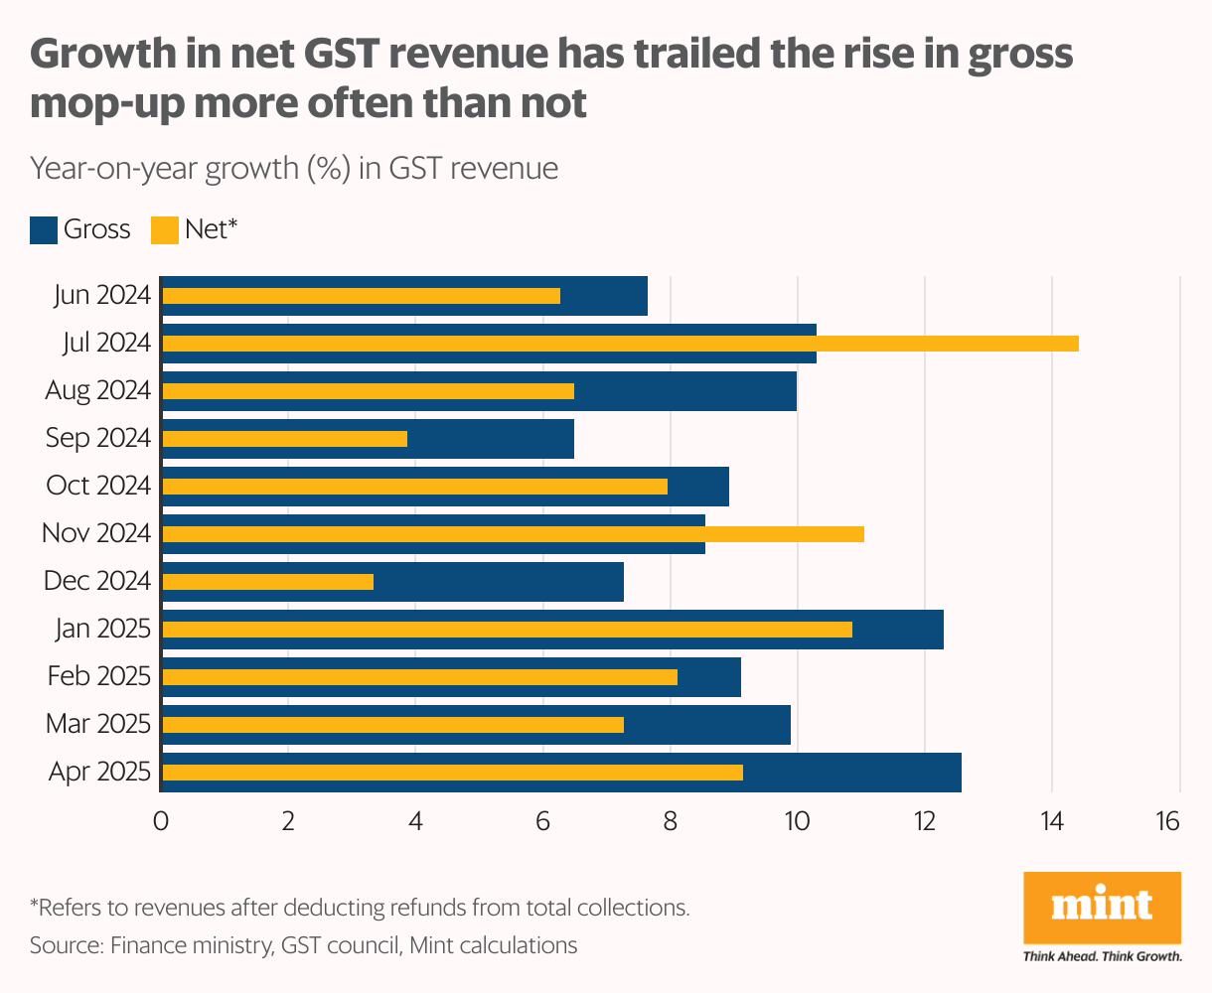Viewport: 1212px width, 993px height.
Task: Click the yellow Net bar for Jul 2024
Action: [620, 344]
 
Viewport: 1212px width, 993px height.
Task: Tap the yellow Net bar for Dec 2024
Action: [267, 582]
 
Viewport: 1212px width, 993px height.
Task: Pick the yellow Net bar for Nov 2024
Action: [513, 534]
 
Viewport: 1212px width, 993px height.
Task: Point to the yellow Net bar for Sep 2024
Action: [284, 439]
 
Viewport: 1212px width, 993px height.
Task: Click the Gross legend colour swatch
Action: [44, 230]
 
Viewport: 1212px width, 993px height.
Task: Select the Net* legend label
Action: [212, 230]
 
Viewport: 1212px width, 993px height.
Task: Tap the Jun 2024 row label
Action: [100, 295]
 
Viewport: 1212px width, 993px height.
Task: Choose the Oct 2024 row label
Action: [98, 486]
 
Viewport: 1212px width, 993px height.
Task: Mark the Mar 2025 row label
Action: [98, 724]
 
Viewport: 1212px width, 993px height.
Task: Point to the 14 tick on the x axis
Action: [1051, 822]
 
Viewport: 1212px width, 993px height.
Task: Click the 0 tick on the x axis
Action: [161, 822]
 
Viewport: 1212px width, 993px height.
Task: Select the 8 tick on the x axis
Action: [670, 822]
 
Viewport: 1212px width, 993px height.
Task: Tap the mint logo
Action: [1102, 907]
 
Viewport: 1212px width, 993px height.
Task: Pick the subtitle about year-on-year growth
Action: [294, 169]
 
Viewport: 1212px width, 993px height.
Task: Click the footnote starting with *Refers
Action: [360, 907]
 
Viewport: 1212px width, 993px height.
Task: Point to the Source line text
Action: [303, 944]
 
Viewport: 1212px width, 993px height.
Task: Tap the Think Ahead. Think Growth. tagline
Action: [1102, 956]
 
